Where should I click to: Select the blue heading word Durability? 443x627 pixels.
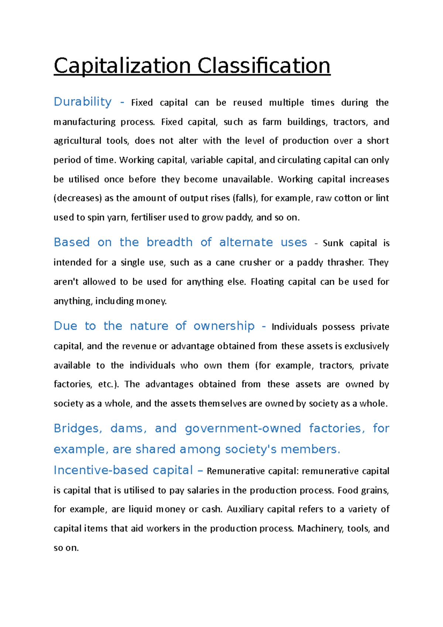(x=83, y=102)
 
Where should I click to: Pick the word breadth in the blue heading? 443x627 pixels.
(x=169, y=242)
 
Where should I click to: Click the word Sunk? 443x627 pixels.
(x=333, y=243)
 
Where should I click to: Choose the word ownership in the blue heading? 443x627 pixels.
(x=224, y=326)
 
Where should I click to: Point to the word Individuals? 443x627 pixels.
(x=294, y=327)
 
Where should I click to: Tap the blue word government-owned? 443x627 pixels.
(x=243, y=428)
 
